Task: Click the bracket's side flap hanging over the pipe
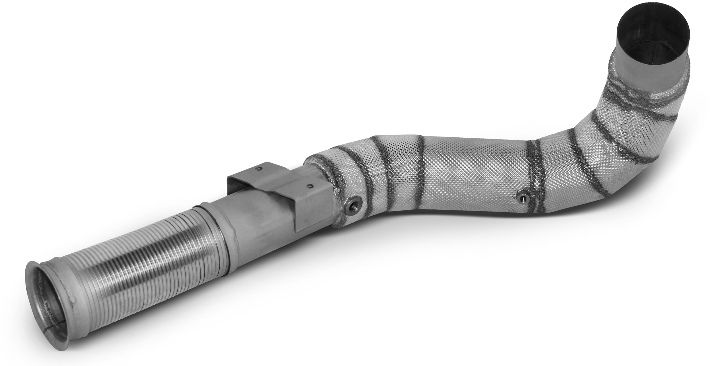(313, 214)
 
